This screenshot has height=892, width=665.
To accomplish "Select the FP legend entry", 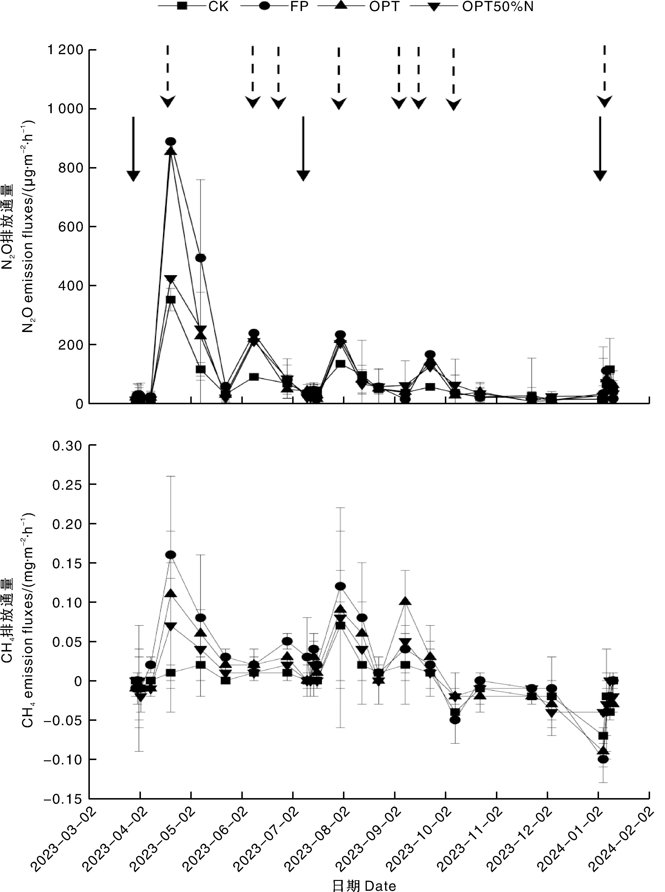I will (299, 7).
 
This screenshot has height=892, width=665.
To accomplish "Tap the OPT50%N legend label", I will (498, 7).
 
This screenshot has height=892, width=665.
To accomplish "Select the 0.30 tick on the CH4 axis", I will (68, 446).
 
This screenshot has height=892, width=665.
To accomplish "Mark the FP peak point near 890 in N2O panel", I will (171, 141).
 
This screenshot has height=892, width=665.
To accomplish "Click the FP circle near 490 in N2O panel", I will (200, 258).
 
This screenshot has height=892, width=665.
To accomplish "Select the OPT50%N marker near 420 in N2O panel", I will (171, 280).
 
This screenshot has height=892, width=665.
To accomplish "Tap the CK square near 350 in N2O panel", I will (171, 300).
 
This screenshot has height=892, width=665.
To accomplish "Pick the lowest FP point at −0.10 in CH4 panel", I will (603, 759).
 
